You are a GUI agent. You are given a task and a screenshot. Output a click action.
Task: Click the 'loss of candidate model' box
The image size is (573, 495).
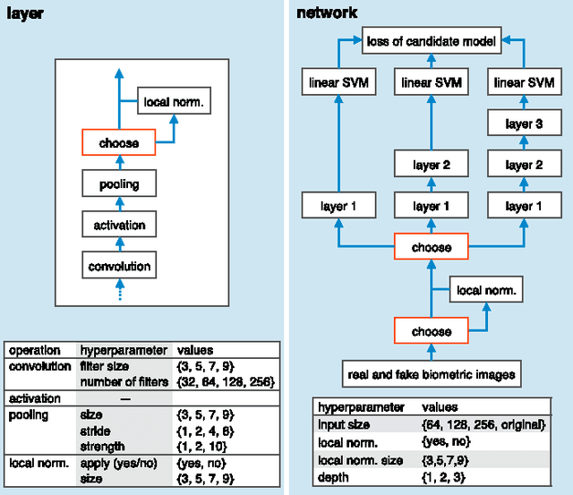(x=431, y=40)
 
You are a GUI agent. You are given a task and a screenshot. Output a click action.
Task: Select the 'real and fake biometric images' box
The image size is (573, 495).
(x=431, y=372)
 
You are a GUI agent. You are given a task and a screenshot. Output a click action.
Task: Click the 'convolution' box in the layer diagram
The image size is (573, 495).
(x=119, y=266)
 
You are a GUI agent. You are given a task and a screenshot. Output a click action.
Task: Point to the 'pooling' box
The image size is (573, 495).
(x=119, y=184)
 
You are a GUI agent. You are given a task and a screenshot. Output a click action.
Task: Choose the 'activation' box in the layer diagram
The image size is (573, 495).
(x=119, y=226)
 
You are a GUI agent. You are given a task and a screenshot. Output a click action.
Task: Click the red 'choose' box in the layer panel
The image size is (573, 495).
(x=119, y=142)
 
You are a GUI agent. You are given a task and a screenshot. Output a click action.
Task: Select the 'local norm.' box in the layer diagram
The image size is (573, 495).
(x=174, y=103)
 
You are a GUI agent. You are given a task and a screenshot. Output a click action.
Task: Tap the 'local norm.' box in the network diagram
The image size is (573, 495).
(x=485, y=290)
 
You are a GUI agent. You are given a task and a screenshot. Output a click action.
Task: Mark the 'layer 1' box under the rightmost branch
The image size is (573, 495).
(x=519, y=206)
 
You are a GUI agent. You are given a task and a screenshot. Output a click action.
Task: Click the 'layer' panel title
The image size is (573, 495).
(x=24, y=13)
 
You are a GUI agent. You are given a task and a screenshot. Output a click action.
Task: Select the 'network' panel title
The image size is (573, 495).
(x=326, y=13)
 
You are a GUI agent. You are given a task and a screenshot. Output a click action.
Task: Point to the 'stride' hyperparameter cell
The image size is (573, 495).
(x=95, y=431)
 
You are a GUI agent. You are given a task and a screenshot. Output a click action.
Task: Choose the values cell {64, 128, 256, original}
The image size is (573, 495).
(x=483, y=425)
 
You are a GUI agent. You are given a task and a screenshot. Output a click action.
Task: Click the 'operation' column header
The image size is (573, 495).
(x=34, y=351)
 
